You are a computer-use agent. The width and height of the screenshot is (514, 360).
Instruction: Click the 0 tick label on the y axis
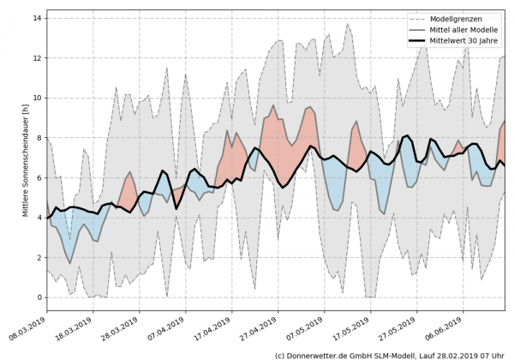pyautogui.click(x=39, y=297)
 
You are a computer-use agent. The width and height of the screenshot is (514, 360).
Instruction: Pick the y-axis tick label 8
pyautogui.click(x=39, y=138)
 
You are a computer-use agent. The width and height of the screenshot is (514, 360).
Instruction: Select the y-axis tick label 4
pyautogui.click(x=39, y=218)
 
